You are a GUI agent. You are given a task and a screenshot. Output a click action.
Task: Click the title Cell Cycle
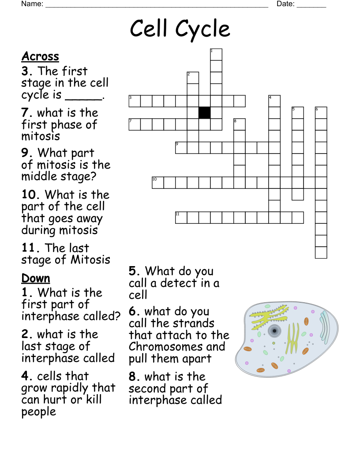point(180,29)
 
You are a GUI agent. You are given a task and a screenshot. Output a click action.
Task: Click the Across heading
point(40,56)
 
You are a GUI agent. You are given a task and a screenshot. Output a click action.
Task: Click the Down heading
point(36,278)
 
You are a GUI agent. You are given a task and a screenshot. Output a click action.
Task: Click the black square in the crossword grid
point(204,113)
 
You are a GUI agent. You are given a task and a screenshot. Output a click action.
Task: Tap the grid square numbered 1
point(216,54)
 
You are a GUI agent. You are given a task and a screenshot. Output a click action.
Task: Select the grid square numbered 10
point(158,182)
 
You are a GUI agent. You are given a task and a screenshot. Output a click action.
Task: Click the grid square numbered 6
point(321,113)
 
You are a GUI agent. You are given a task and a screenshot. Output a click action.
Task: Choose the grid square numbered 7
point(135,124)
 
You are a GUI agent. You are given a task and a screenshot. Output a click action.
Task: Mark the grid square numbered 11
point(181,218)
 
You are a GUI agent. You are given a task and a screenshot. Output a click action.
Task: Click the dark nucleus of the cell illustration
point(274,331)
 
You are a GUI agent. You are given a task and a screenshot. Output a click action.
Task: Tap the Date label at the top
point(285,4)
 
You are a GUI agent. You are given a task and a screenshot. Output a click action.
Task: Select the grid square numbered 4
point(274,101)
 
